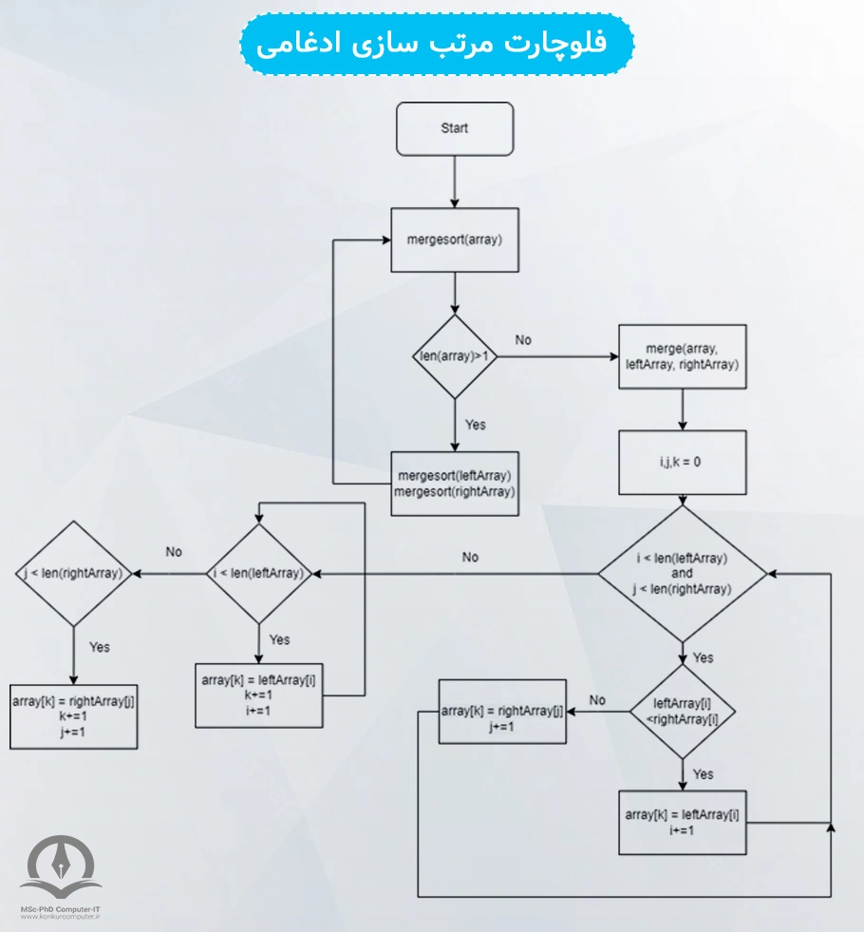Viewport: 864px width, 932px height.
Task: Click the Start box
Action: pyautogui.click(x=454, y=129)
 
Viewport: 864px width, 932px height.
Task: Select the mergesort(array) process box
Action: pyautogui.click(x=455, y=239)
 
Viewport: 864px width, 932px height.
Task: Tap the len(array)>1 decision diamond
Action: pyautogui.click(x=455, y=356)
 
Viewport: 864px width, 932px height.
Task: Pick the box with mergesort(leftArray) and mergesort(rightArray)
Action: pyautogui.click(x=455, y=483)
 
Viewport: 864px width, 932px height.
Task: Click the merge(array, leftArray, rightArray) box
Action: pyautogui.click(x=682, y=356)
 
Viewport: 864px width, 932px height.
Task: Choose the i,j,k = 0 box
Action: pyautogui.click(x=682, y=462)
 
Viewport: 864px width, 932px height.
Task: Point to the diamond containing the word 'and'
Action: pyautogui.click(x=682, y=574)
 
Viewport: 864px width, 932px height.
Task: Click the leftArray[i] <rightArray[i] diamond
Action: pyautogui.click(x=682, y=711)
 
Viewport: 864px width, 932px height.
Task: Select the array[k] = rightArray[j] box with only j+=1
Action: pyautogui.click(x=502, y=712)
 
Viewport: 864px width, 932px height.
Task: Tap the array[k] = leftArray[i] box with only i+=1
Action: pyautogui.click(x=682, y=822)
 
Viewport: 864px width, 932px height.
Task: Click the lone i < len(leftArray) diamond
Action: pyautogui.click(x=258, y=574)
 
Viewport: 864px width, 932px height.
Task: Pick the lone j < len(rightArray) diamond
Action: pyautogui.click(x=73, y=574)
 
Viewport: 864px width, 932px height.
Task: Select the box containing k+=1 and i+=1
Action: pyautogui.click(x=258, y=694)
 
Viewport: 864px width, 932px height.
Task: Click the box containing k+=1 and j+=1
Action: pyautogui.click(x=73, y=715)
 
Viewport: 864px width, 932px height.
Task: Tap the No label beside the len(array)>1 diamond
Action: pyautogui.click(x=523, y=339)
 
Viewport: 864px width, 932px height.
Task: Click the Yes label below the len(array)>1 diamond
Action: pyautogui.click(x=475, y=424)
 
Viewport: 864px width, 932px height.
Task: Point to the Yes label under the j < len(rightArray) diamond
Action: pyautogui.click(x=99, y=647)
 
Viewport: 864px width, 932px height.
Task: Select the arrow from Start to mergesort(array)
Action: pyautogui.click(x=455, y=181)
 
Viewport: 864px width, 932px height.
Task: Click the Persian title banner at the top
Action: pyautogui.click(x=436, y=45)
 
